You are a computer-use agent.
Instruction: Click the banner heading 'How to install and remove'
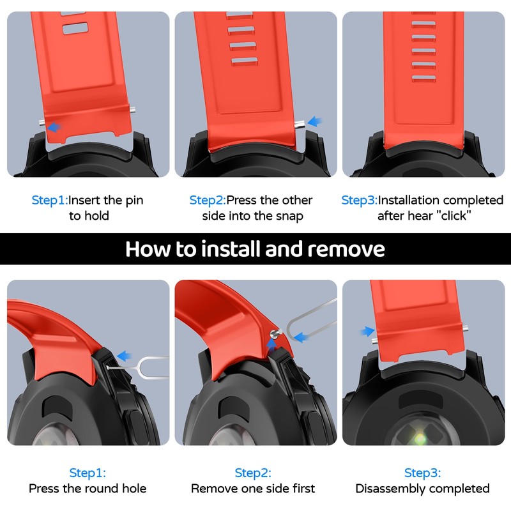point(255,249)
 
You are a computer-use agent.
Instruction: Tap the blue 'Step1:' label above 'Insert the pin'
point(50,200)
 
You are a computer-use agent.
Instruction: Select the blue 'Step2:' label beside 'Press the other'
point(208,200)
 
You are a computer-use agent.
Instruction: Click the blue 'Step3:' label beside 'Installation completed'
point(359,200)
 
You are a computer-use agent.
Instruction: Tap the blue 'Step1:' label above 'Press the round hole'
point(88,473)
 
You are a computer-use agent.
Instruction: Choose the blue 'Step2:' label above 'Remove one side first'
point(253,473)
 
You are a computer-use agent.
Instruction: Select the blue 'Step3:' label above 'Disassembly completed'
point(422,473)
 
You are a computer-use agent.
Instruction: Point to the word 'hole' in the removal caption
point(134,488)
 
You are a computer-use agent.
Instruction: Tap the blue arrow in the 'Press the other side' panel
point(314,121)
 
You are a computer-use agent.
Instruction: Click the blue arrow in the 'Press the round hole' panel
point(124,356)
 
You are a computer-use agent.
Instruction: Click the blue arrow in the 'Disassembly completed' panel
point(368,332)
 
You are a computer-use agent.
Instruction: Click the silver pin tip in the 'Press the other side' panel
point(300,123)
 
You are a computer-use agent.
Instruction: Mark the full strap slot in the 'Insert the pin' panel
point(75,29)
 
